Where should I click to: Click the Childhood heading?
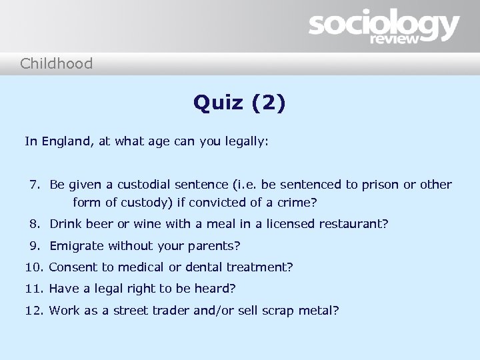[x=57, y=64]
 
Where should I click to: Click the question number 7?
[x=35, y=184]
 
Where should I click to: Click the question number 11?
[x=35, y=289]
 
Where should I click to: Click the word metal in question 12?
[x=317, y=310]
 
